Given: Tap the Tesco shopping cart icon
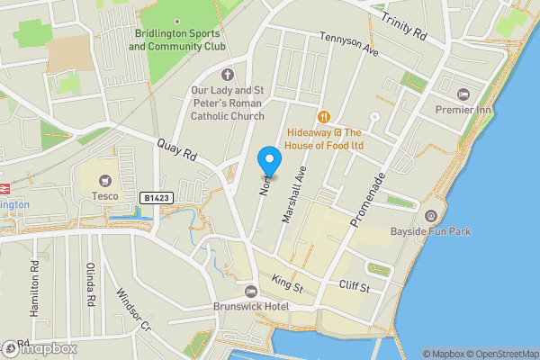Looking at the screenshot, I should point(106,181).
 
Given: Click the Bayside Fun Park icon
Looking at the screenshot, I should point(430,216).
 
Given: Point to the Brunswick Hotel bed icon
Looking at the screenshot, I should point(251,291).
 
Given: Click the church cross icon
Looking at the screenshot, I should point(227,74).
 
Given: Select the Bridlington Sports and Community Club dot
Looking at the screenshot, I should point(176,20).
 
